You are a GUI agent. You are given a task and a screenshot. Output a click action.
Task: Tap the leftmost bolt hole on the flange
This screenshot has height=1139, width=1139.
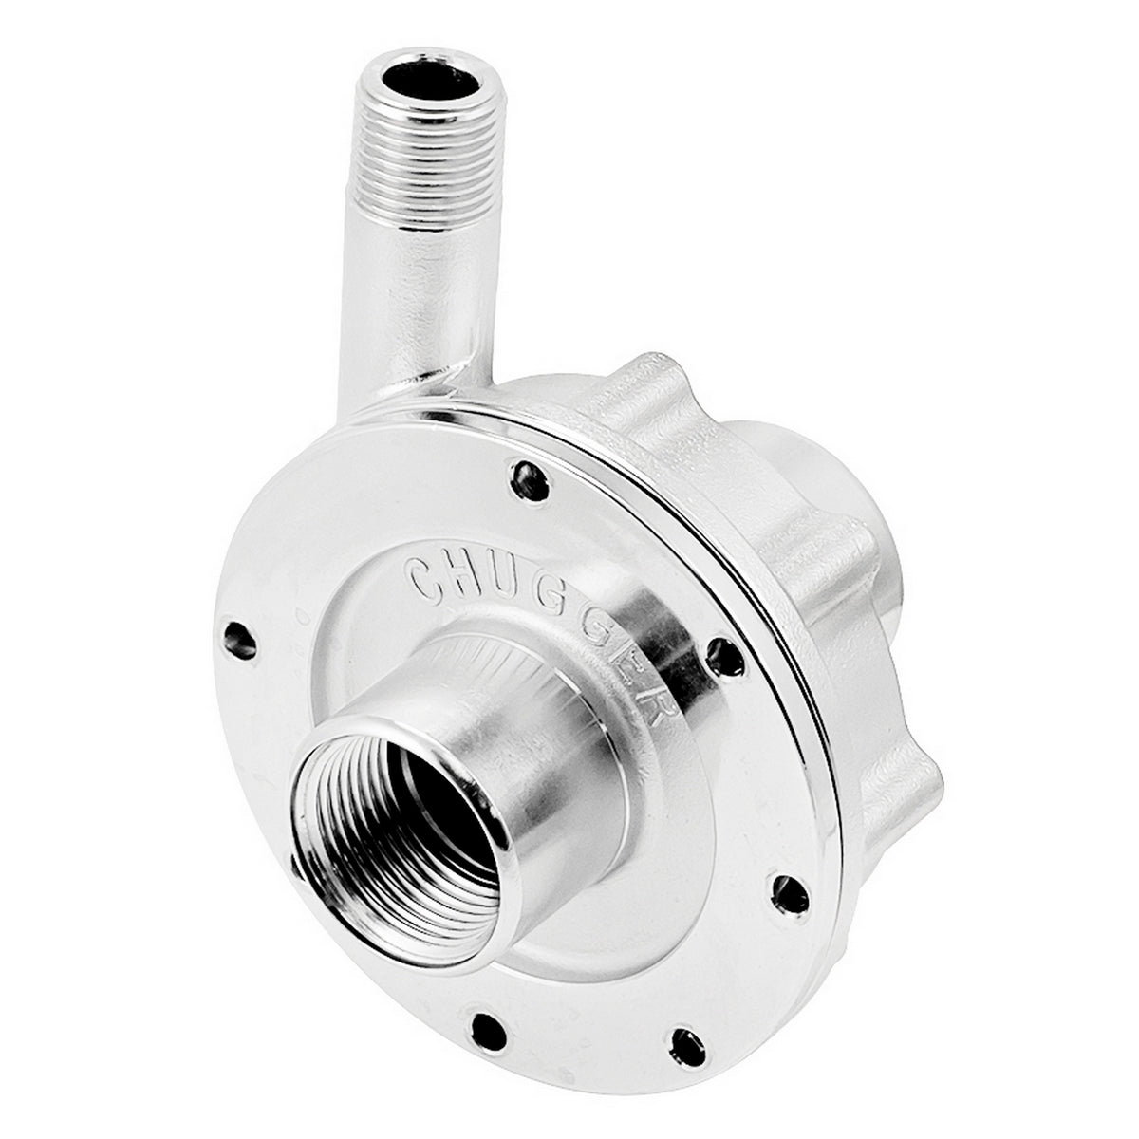coord(238,641)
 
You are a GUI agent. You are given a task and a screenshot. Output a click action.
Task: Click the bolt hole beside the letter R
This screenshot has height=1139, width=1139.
coord(723,655)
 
